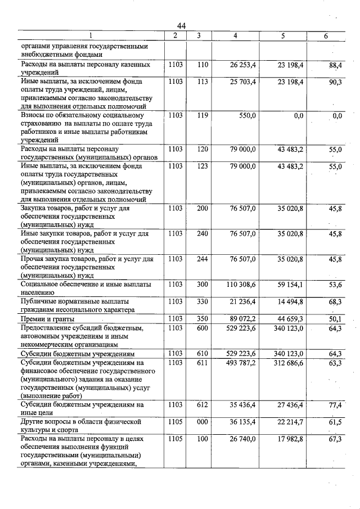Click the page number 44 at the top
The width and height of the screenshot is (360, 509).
(181, 25)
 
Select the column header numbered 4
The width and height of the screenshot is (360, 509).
(235, 36)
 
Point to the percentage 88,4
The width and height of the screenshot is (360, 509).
(335, 65)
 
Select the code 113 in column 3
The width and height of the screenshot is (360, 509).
(203, 82)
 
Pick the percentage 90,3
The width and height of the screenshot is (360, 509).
(335, 82)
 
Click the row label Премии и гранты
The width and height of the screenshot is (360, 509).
(45, 318)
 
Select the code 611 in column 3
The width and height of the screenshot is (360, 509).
(203, 363)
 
